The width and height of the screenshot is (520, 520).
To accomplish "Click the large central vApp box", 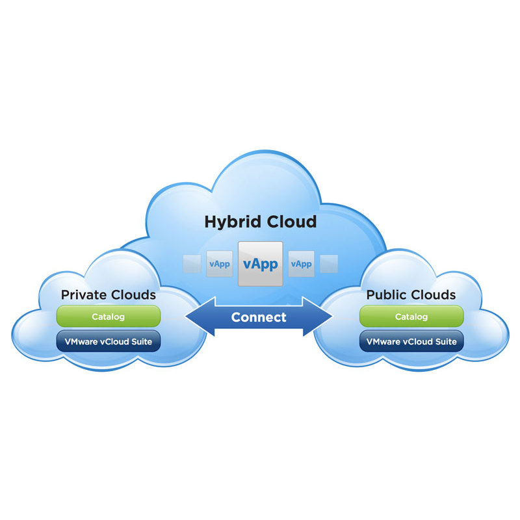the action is pos(261,264).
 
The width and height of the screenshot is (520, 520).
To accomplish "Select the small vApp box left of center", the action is pos(220,264).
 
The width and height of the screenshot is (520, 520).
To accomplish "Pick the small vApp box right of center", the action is pos(301,264).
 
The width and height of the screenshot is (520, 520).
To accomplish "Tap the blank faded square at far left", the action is pos(192,264).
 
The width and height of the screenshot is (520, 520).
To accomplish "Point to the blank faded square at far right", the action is pos(329,264).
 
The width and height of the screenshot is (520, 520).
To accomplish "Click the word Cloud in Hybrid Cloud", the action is pos(292,221).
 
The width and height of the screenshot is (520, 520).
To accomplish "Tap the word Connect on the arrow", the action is pos(259,317).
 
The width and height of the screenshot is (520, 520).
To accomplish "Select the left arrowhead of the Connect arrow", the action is pos(200,317).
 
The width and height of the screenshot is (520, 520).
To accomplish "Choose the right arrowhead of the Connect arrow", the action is pos(318,317).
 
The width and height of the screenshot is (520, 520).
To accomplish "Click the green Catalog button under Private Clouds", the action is pos(109,317).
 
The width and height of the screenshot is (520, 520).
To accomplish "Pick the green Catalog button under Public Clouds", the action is pos(411,317).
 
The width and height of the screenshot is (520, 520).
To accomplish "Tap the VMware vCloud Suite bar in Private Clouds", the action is pos(109,341).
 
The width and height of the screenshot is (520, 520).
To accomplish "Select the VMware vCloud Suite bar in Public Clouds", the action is pos(411,341).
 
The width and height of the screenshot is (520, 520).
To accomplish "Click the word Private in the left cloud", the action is pos(84,295).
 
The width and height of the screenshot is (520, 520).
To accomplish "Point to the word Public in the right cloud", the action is pos(385,295).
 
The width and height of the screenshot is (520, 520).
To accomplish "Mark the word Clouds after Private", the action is pos(133,295).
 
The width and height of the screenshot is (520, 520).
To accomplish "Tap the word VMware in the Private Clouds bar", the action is pos(81,342).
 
